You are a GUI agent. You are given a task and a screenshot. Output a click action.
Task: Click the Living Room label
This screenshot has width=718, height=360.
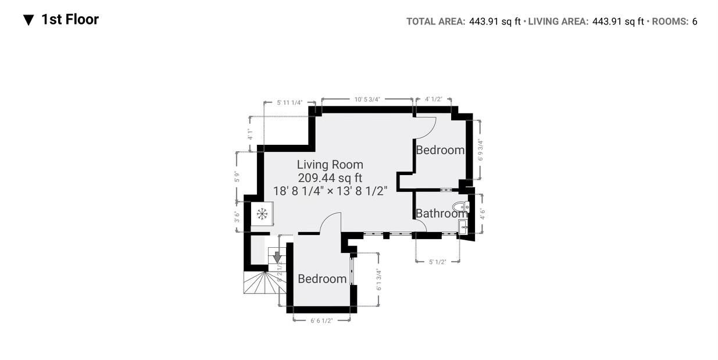click(x=330, y=165)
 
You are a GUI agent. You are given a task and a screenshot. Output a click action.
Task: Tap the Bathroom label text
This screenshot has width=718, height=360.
click(x=441, y=213)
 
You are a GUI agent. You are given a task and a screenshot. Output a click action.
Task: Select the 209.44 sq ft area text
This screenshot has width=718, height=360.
click(x=330, y=178)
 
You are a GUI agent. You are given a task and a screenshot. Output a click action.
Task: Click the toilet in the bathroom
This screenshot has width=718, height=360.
click(x=461, y=207)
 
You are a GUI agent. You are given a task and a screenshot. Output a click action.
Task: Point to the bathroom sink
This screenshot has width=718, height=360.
click(x=463, y=227)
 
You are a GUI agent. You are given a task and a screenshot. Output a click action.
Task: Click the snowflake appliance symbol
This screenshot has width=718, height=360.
click(x=262, y=214)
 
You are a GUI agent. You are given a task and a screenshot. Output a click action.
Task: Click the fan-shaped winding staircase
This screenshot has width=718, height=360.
click(x=265, y=283)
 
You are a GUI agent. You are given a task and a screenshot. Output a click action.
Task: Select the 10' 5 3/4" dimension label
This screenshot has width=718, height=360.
click(x=367, y=99)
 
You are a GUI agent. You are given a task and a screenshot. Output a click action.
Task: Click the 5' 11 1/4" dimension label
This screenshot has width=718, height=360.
click(x=290, y=102)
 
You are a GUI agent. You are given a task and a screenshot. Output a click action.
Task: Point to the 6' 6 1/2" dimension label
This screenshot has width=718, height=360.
click(x=322, y=320)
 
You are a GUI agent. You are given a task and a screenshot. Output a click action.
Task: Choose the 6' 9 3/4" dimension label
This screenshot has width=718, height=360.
click(x=480, y=149)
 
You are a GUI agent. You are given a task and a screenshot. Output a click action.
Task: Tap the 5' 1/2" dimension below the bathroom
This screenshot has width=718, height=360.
click(x=438, y=262)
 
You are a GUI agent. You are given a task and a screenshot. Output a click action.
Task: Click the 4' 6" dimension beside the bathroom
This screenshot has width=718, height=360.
click(x=482, y=213)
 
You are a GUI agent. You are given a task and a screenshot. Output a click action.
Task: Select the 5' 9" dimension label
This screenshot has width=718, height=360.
click(x=237, y=177)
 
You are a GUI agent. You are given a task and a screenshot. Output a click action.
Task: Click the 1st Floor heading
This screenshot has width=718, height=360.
click(x=70, y=19)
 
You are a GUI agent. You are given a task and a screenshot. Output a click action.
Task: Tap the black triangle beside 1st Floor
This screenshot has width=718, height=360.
click(x=28, y=20)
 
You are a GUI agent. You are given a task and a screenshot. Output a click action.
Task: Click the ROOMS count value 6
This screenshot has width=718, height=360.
click(x=695, y=22)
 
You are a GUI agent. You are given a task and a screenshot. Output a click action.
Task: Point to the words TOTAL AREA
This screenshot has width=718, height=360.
click(x=435, y=22)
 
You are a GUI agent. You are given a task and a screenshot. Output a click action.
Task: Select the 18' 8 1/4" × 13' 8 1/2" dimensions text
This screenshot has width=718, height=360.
click(x=330, y=191)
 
